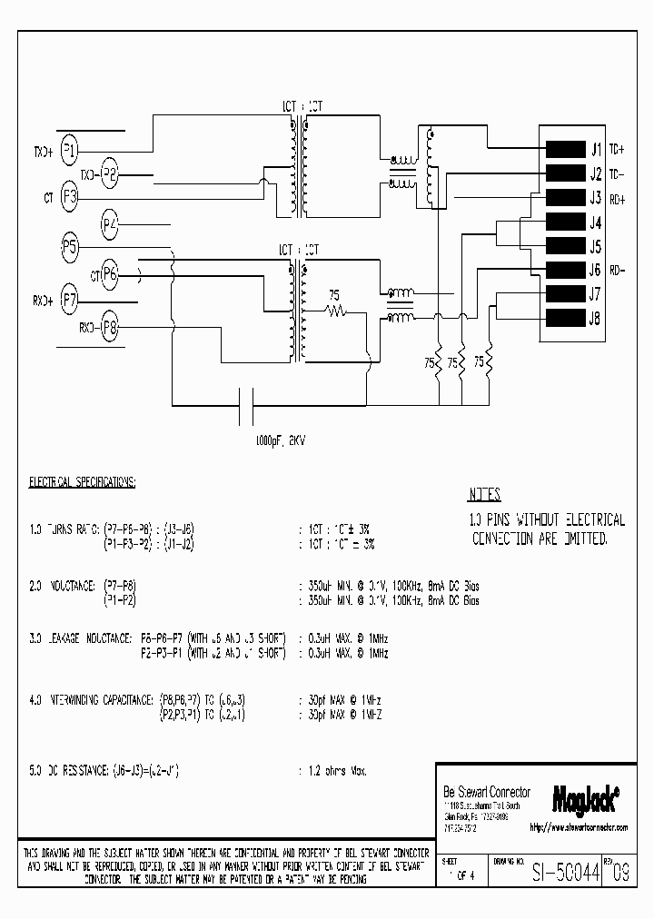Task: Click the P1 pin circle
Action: click(70, 152)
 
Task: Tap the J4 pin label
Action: click(596, 223)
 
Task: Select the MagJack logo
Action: click(586, 798)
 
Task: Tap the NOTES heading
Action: click(484, 496)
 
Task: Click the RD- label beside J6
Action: click(617, 270)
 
